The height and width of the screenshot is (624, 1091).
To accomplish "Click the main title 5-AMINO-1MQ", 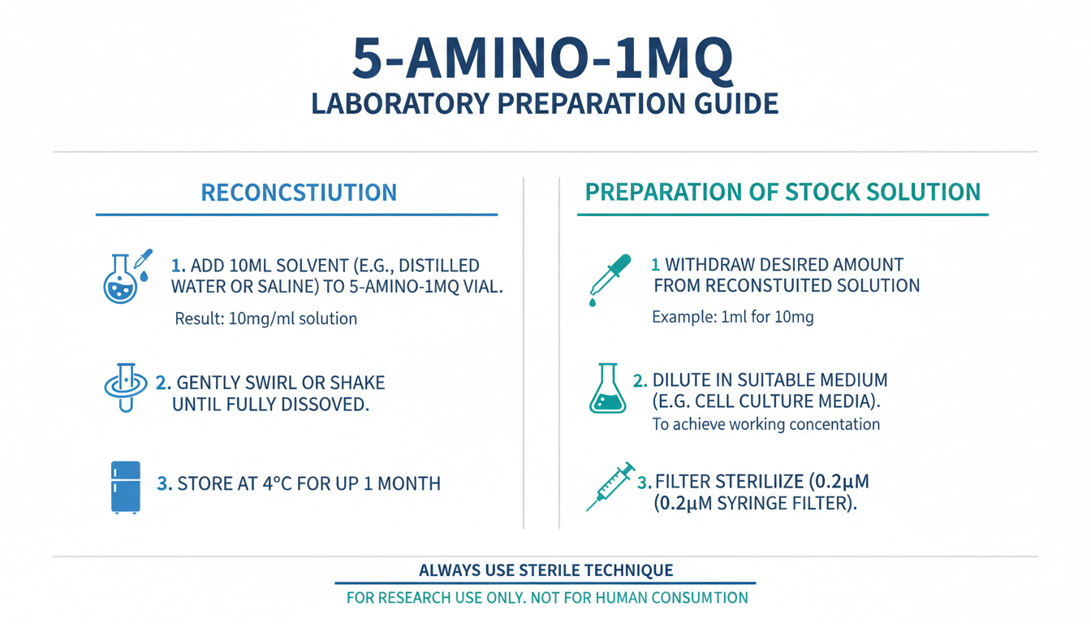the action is tap(542, 59).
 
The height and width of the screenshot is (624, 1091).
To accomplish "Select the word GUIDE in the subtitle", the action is tap(736, 104).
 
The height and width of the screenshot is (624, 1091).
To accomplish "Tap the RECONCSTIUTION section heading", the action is tap(299, 192).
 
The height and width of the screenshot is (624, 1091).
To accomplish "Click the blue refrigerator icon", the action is tap(126, 487).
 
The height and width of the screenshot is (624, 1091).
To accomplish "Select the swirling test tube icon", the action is tap(126, 388).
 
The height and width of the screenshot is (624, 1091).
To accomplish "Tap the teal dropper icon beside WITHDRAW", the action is tap(610, 279).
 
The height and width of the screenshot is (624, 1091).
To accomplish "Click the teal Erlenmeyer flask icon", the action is tap(607, 388).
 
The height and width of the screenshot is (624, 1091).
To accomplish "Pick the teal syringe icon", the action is tap(610, 487).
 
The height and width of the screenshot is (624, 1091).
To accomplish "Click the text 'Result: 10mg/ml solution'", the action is tap(266, 318).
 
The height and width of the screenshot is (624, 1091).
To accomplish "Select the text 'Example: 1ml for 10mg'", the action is tap(732, 317).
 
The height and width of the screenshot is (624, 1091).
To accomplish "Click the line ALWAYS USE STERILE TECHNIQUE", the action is tap(546, 570).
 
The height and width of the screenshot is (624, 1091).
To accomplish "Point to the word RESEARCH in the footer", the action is tap(415, 598).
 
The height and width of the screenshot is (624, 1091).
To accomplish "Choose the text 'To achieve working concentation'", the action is tap(766, 424).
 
